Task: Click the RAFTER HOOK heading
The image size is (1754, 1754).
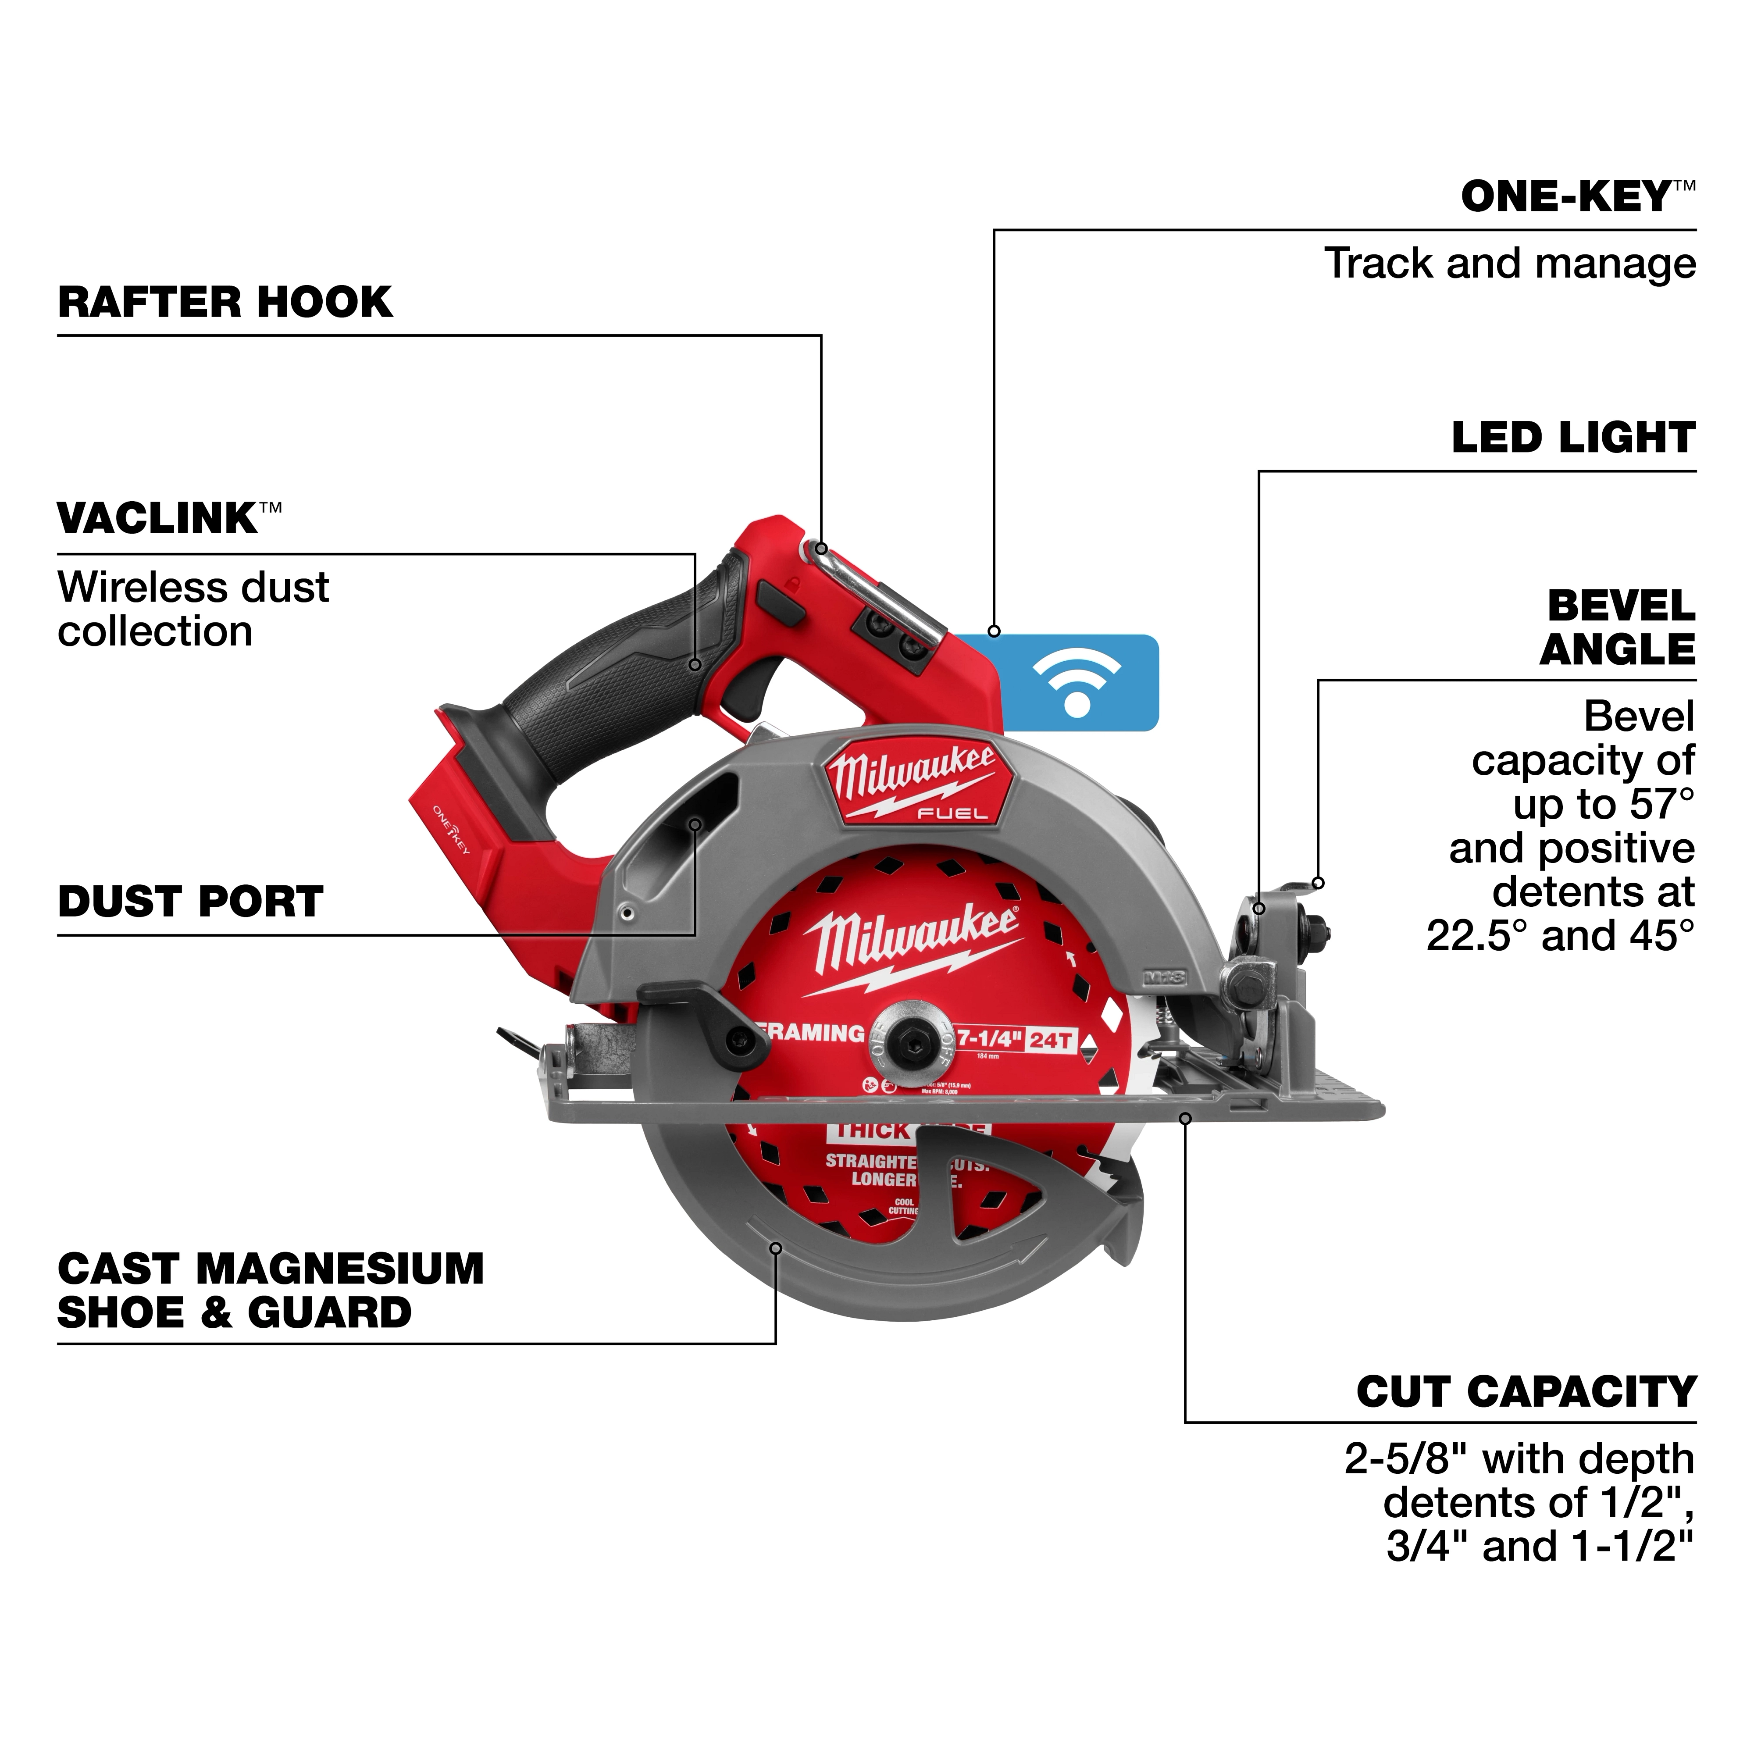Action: coord(225,302)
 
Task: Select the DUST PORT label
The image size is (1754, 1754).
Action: coord(191,902)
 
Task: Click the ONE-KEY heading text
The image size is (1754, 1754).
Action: coord(1566,197)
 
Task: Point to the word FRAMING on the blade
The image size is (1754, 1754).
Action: coord(813,1033)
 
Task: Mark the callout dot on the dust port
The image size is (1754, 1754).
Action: coord(695,824)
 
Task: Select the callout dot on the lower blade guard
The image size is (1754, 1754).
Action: coord(775,1248)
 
